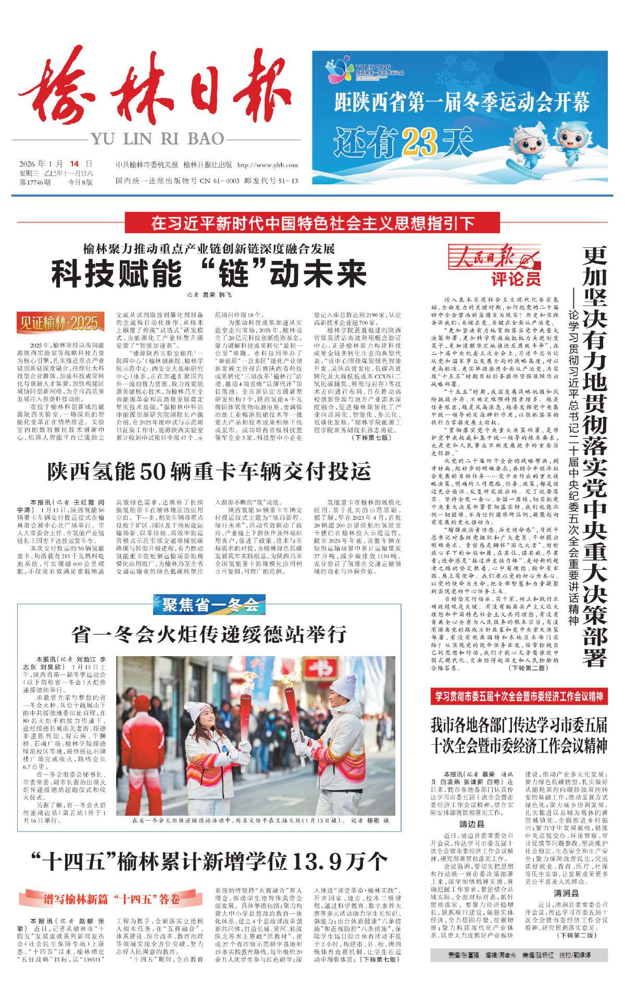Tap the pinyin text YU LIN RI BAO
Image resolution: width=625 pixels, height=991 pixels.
(157, 139)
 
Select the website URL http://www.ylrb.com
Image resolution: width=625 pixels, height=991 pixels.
(267, 165)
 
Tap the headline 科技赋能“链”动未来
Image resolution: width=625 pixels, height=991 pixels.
(208, 274)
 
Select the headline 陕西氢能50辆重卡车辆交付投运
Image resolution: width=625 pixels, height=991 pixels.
(209, 471)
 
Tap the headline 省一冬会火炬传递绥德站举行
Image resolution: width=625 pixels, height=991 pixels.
(209, 634)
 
